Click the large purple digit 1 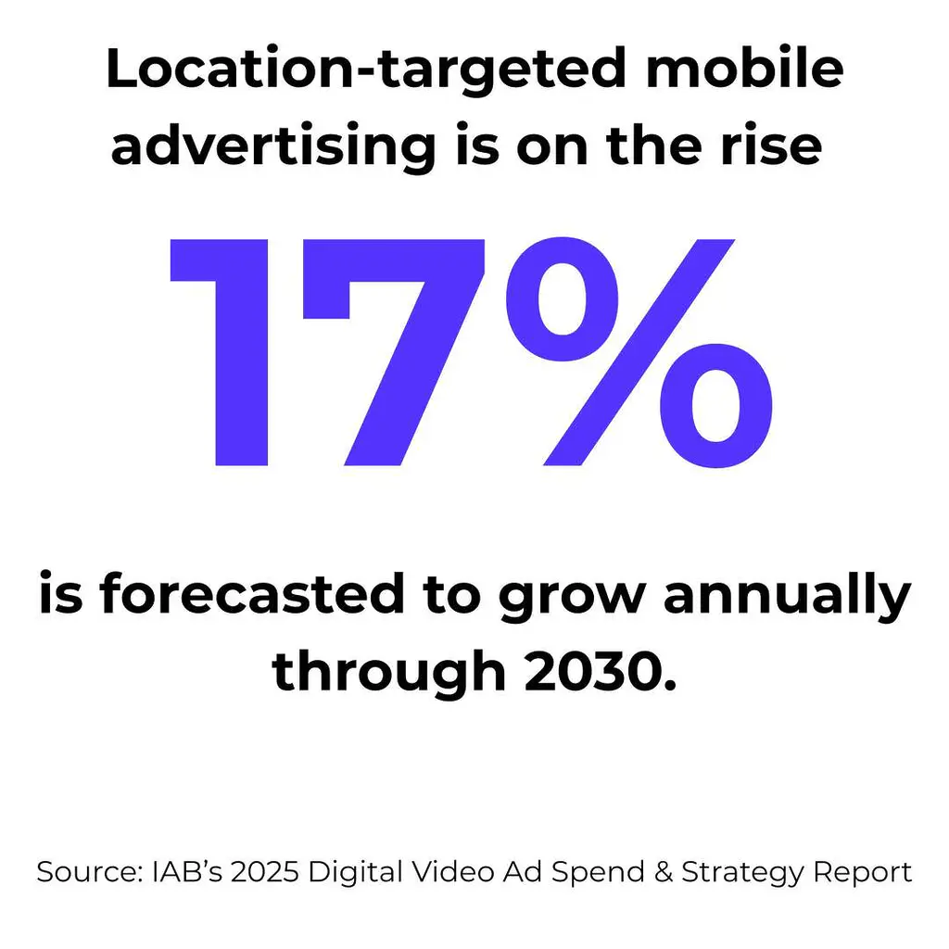pyautogui.click(x=222, y=352)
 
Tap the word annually pyautogui.click(x=787, y=596)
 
